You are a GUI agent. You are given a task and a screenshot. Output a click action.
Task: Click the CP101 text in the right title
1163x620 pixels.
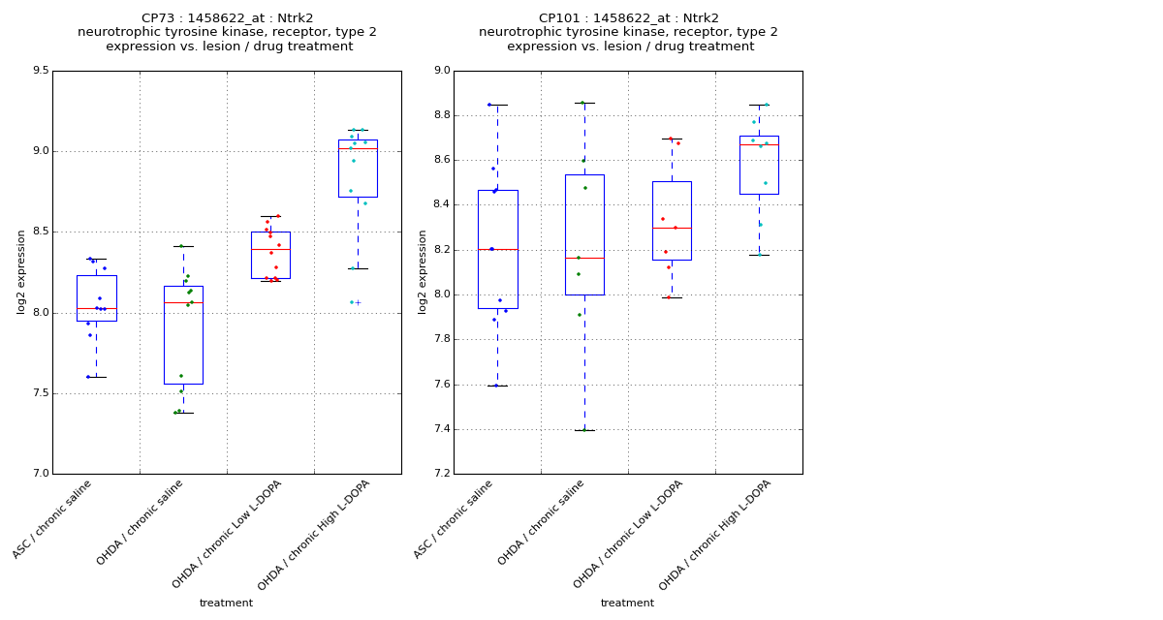coord(558,18)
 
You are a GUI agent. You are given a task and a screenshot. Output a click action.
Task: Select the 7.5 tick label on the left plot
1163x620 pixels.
coord(40,393)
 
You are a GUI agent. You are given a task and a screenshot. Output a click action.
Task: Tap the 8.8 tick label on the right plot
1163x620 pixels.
coord(441,115)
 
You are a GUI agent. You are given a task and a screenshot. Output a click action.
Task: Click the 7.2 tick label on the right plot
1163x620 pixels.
coord(441,474)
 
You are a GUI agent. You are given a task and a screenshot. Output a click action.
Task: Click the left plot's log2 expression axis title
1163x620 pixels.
coord(21,271)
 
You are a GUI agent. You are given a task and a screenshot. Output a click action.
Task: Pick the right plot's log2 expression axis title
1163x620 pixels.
coord(423,271)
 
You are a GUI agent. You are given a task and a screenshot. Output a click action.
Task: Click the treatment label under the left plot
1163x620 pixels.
coord(226,604)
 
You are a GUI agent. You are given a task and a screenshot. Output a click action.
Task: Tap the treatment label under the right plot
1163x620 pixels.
coord(627,604)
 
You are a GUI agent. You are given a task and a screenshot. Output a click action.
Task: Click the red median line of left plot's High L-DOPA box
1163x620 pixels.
coord(358,148)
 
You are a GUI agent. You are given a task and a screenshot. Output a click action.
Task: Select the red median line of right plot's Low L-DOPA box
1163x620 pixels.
coord(672,228)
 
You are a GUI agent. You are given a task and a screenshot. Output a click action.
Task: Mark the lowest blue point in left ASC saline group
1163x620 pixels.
coord(88,377)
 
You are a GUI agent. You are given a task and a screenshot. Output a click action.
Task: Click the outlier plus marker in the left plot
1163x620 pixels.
coord(358,302)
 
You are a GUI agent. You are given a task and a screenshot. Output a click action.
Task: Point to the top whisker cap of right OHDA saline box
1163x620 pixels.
coord(584,103)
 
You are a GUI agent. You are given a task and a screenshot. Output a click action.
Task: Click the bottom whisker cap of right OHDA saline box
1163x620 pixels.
coord(584,430)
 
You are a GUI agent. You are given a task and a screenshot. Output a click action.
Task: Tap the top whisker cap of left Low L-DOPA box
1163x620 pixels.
coord(270,216)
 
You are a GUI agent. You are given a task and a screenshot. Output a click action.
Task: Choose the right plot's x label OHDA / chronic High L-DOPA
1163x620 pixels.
coord(715,535)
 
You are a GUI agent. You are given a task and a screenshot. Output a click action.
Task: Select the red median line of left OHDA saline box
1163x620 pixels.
coord(183,302)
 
